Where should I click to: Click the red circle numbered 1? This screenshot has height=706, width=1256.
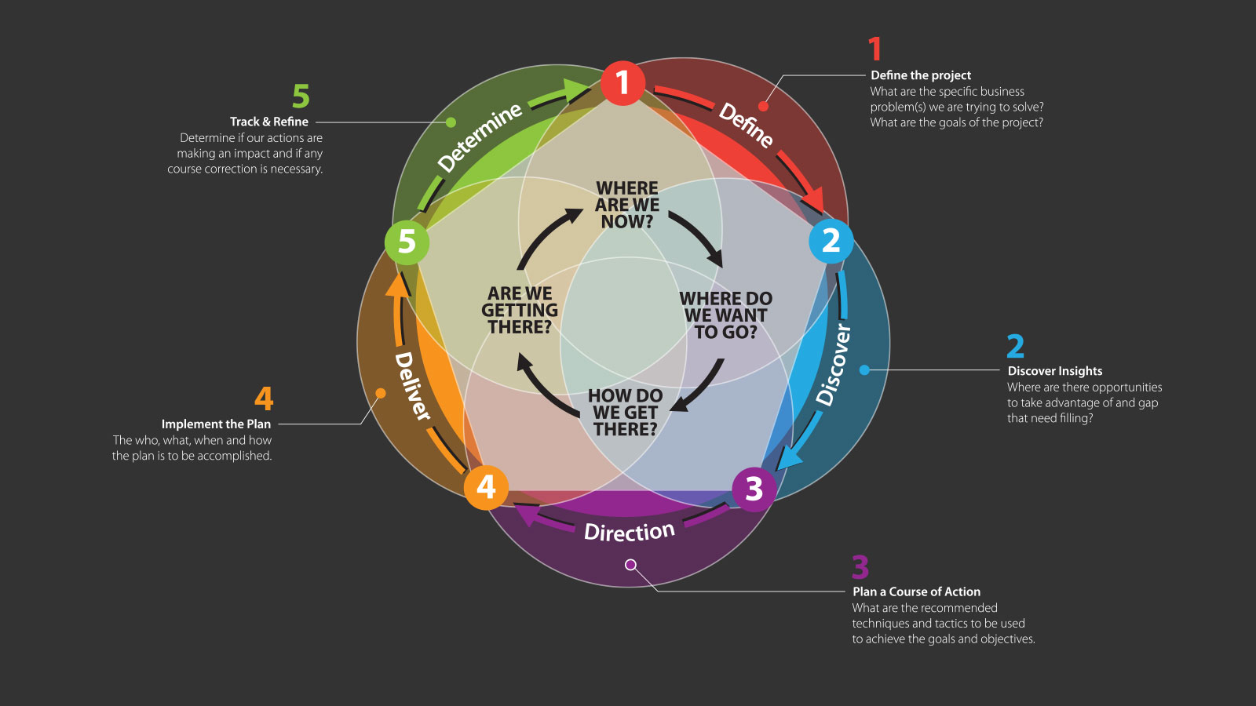coord(623,83)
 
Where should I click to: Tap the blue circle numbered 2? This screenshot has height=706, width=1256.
coord(831,241)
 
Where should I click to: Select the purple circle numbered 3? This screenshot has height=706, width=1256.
coord(754,489)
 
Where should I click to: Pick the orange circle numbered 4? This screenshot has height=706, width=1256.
coord(486,487)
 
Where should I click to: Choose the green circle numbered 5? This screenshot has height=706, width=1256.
coord(407,242)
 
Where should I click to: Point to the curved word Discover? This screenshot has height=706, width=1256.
coord(834,365)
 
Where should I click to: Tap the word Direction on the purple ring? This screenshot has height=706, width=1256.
coord(629,532)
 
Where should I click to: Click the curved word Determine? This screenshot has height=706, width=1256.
coord(480,137)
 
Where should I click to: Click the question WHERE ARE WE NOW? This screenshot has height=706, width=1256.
coord(626,205)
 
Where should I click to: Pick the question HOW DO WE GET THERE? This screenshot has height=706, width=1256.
coord(626,413)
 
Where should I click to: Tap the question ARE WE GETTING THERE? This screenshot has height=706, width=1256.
coord(520,310)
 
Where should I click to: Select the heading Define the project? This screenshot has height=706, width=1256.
coord(921,75)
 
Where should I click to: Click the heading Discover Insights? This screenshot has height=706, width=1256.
coord(1054,371)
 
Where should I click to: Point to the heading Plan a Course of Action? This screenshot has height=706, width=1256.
coord(916,591)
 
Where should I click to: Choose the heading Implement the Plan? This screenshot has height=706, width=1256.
coord(216,424)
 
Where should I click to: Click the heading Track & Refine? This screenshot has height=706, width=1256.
coord(269,122)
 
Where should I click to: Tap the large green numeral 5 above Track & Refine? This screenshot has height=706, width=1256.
coord(301,97)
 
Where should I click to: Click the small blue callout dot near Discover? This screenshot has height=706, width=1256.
coord(864,369)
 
